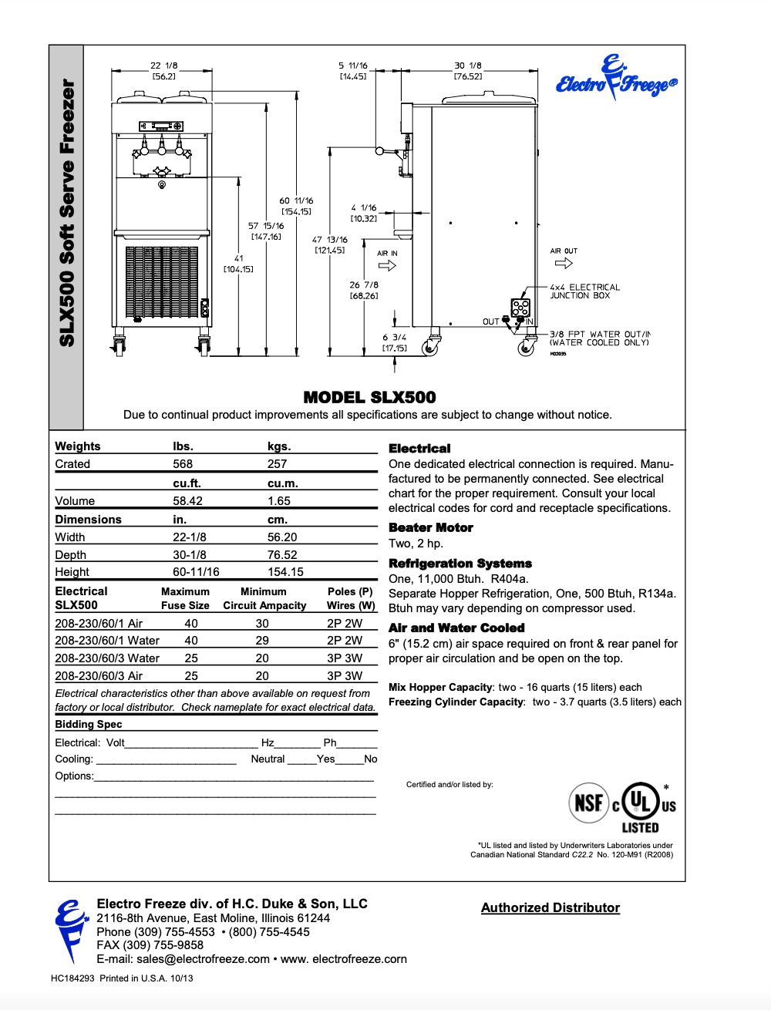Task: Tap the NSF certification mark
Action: click(589, 803)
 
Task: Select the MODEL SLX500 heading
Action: click(369, 397)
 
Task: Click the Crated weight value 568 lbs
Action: click(183, 463)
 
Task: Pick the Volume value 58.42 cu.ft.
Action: click(187, 500)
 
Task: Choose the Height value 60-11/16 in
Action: click(196, 571)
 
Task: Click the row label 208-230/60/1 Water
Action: click(107, 640)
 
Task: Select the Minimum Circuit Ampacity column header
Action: click(264, 598)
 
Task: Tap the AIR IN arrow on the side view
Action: click(387, 265)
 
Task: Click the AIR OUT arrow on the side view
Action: click(564, 263)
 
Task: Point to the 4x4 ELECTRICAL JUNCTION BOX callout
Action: click(584, 291)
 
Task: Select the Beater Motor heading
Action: click(430, 527)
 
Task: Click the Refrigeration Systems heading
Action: click(460, 564)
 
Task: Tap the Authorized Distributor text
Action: click(550, 907)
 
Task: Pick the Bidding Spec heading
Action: click(88, 724)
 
